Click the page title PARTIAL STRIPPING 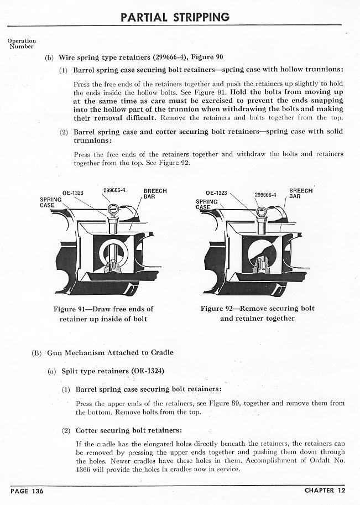coord(175,17)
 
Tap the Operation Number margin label coord(22,43)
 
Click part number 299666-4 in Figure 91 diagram coord(114,190)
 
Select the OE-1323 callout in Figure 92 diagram coord(216,193)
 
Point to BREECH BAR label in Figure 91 coord(155,194)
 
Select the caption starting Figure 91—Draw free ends coord(103,314)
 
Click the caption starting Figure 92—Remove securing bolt coord(257,313)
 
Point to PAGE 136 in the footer coord(27,490)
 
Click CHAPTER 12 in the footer coord(327,490)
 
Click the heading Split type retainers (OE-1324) coord(113,371)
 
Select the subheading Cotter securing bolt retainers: coord(129,430)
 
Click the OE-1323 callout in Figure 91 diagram coord(73,193)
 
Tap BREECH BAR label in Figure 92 coord(300,194)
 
